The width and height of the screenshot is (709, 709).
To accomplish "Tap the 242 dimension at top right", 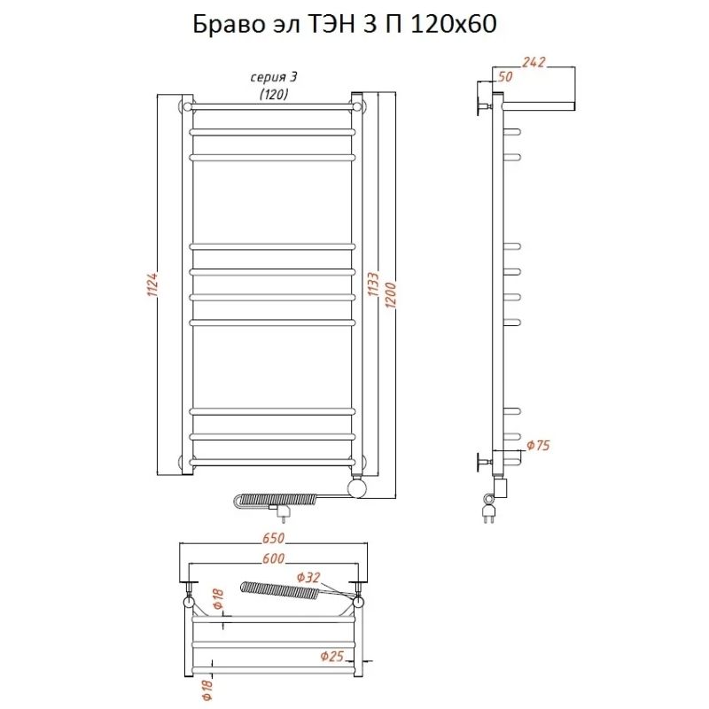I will pos(534,63).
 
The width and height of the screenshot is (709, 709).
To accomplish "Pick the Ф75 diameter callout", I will pos(538,445).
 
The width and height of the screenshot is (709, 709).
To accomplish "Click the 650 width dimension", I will pos(273,539).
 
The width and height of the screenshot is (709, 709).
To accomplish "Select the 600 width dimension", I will pos(273,560).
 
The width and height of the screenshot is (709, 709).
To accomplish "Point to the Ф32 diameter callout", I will pos(308,578).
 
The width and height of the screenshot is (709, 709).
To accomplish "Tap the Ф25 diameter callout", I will pos(332,657).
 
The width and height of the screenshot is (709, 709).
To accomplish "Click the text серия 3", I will pos(273,78).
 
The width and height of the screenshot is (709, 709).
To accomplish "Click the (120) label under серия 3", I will pos(273,94).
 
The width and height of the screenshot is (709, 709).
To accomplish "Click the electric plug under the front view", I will pos(284,511).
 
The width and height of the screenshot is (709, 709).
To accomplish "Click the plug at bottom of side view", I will pos(488,511).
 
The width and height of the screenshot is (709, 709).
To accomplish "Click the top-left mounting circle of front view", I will pos(187,107).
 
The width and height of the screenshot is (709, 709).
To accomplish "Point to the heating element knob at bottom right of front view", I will pos(357,487).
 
